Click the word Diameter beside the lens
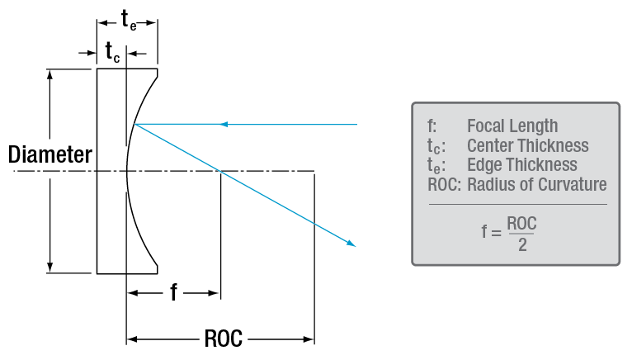(50, 154)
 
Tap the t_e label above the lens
(129, 20)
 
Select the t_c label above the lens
(113, 51)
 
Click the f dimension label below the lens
(173, 292)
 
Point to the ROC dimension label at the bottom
(220, 339)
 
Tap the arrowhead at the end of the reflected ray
(352, 244)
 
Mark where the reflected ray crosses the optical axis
(219, 172)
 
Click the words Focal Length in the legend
(512, 126)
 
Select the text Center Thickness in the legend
(528, 146)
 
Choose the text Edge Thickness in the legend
(522, 165)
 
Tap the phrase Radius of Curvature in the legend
(537, 184)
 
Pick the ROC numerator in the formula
(523, 222)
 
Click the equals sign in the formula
(496, 233)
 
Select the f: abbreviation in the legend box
(432, 126)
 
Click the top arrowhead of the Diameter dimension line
(51, 73)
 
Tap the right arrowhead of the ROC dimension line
(309, 339)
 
